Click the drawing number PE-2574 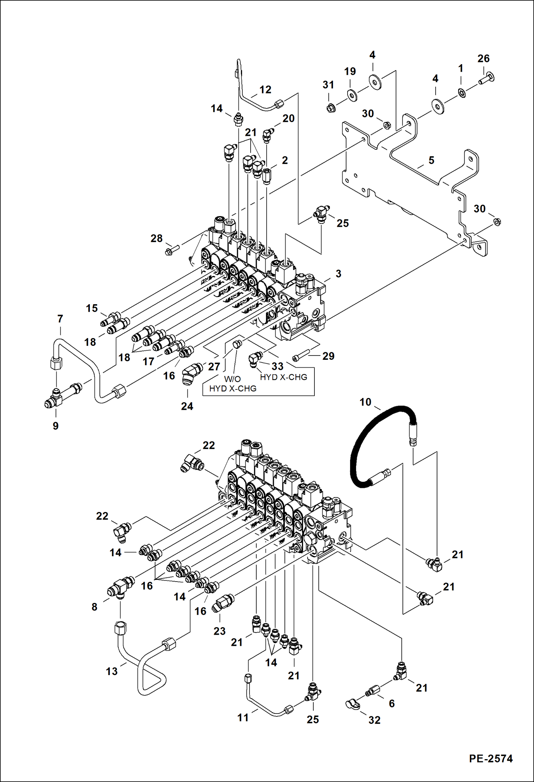[x=491, y=758]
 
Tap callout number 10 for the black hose [x=365, y=402]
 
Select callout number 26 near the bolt [x=483, y=59]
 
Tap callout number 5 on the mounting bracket [x=431, y=160]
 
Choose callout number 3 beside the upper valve [x=338, y=274]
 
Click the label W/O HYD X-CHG [x=232, y=384]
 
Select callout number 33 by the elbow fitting [x=277, y=366]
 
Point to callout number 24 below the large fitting [x=187, y=406]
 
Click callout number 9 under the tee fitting [x=56, y=426]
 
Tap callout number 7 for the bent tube [x=60, y=318]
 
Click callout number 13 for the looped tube [x=112, y=671]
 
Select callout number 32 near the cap [x=374, y=720]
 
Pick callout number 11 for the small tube [x=243, y=717]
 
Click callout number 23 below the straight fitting [x=219, y=631]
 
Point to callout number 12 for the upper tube [x=265, y=90]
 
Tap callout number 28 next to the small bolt [x=156, y=239]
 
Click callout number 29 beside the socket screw [x=328, y=356]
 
